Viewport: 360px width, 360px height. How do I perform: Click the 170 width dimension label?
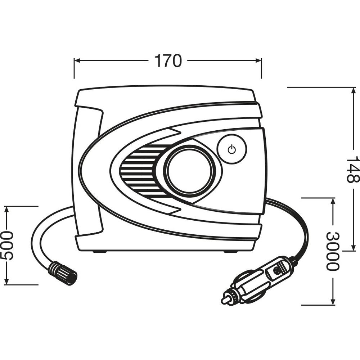pos(168,61)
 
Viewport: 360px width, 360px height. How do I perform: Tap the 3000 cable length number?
pos(333,251)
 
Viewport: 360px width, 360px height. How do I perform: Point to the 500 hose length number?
pos(7,246)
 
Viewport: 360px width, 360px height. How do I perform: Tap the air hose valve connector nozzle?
pos(63,273)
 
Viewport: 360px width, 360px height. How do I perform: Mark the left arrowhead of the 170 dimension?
pos(77,60)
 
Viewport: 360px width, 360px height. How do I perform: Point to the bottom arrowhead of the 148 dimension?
pos(352,248)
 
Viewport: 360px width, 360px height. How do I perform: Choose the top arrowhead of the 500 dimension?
pos(7,209)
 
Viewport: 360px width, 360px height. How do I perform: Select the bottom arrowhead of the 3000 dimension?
pos(333,302)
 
